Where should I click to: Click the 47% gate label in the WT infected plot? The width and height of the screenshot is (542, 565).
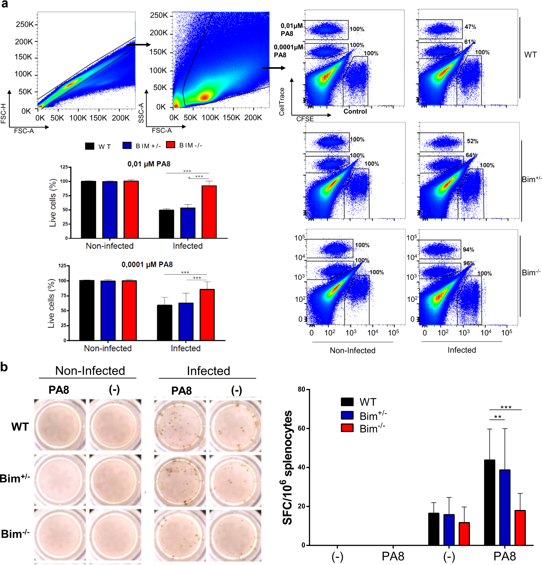tap(470, 27)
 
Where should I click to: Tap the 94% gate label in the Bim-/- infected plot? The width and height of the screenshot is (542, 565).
tap(468, 249)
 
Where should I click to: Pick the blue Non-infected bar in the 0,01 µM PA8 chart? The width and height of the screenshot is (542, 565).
tap(110, 209)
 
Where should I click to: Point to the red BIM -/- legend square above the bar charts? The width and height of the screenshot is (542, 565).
tap(170, 145)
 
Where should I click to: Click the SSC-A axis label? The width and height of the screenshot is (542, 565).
tap(141, 113)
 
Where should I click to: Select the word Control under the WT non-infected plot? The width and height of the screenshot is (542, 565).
tap(355, 111)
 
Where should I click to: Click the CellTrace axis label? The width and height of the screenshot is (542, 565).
tap(282, 101)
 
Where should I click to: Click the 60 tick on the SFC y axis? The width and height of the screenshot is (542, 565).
tap(301, 428)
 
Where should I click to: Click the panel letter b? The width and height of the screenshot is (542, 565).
tap(4, 367)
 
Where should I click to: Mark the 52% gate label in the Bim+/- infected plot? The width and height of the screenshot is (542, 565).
tap(472, 141)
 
